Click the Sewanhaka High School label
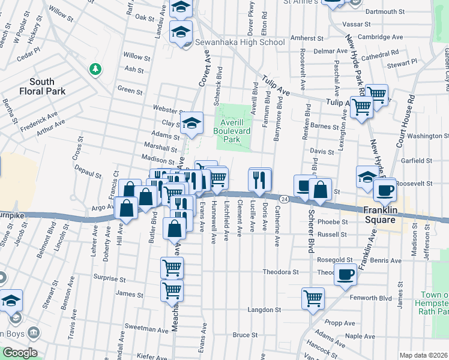(x=240, y=43)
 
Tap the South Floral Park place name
(x=41, y=86)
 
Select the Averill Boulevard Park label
(x=232, y=128)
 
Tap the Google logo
(x=19, y=353)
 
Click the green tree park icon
(x=94, y=70)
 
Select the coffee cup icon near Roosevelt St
(x=384, y=191)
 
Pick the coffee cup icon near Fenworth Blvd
(x=345, y=275)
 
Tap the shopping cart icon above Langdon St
(x=313, y=297)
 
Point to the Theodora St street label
(x=281, y=272)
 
